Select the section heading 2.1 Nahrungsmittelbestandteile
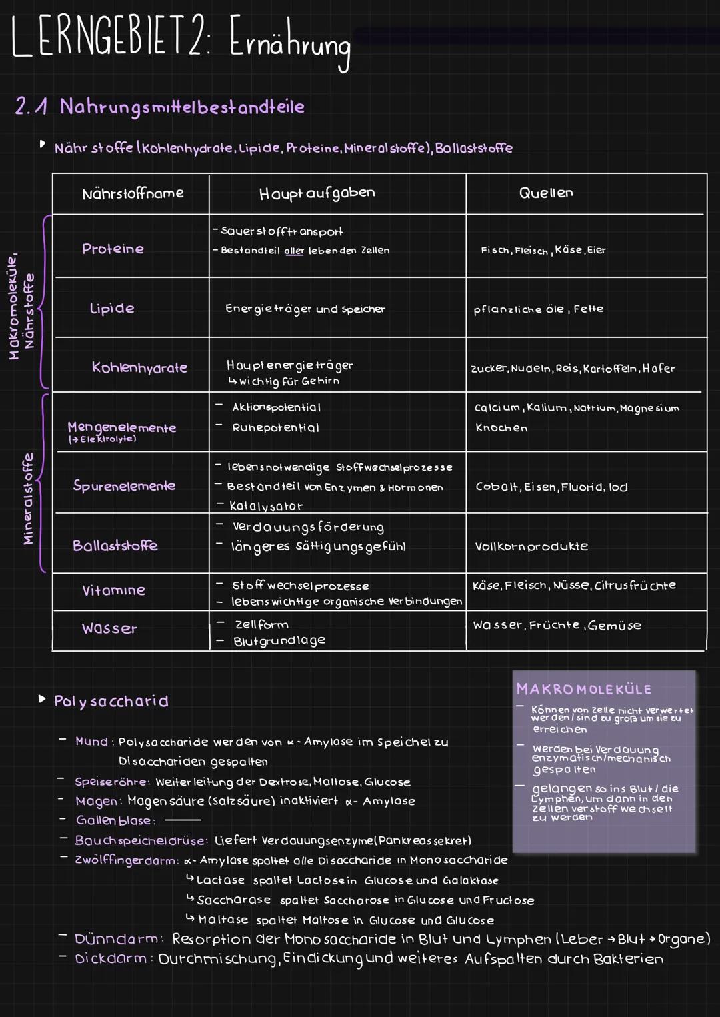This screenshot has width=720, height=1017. point(160,107)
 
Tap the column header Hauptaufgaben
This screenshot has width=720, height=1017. point(317,193)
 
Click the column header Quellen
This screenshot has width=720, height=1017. point(545,193)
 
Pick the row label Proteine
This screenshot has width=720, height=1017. point(113,249)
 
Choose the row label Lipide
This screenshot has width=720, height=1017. point(112,308)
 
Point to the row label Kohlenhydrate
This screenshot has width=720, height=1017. point(139,367)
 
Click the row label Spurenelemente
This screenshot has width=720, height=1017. point(124,485)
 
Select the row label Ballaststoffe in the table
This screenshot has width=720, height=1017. point(115,546)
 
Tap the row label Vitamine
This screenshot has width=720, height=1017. point(113,590)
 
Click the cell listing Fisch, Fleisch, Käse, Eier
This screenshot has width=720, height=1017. point(543,250)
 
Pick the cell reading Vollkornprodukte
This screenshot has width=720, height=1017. point(531,546)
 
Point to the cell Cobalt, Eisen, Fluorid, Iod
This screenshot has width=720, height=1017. point(551,487)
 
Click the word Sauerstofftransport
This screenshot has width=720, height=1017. point(281,231)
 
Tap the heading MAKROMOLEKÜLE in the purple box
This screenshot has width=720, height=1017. point(584,689)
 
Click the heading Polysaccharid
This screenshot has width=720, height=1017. point(111,701)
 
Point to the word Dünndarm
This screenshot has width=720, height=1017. point(117,939)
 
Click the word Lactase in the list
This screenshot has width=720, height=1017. point(220,880)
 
